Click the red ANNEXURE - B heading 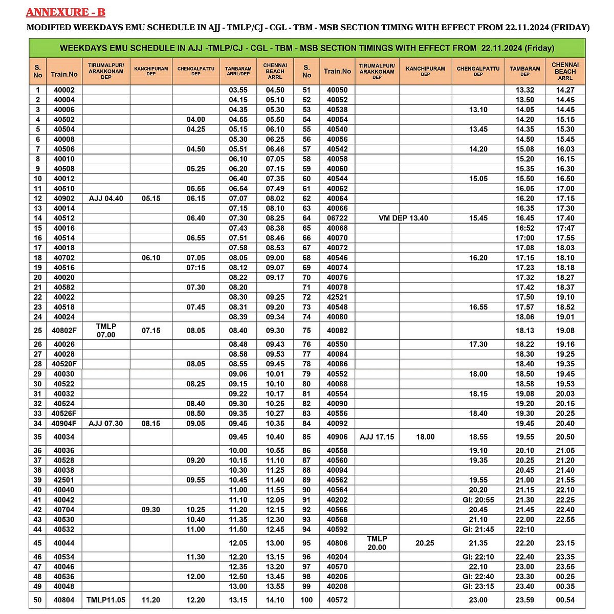(65, 12)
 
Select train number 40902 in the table (64, 199)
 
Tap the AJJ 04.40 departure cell (106, 199)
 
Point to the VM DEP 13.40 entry (403, 218)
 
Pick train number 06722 (337, 218)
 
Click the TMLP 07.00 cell (106, 331)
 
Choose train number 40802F (64, 331)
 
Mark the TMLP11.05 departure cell (106, 600)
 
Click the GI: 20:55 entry (478, 500)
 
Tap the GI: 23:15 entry (478, 586)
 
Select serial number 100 (306, 600)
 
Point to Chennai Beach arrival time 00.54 (565, 600)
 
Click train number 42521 (337, 297)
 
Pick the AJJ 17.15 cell (377, 437)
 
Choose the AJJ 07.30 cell (106, 424)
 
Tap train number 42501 (64, 480)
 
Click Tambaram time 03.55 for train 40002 (238, 90)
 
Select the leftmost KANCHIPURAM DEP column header (151, 71)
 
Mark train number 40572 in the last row (337, 600)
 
